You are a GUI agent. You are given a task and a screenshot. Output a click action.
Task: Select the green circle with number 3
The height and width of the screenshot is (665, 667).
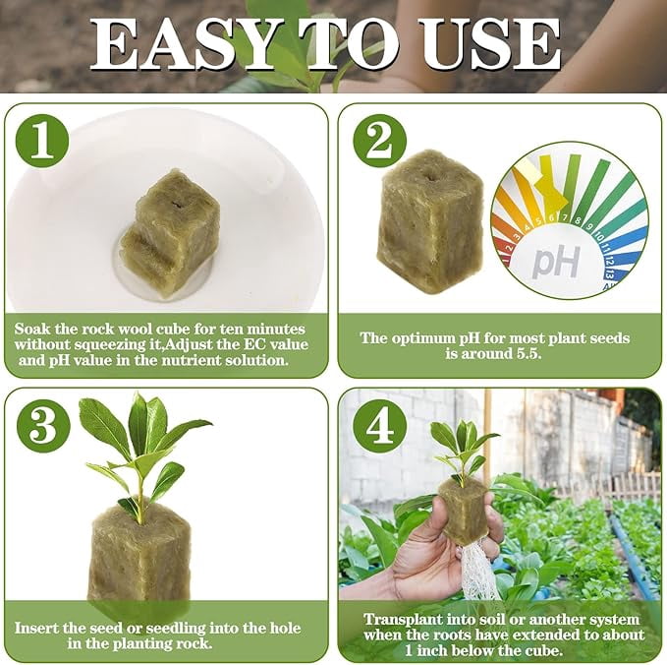point(43,427)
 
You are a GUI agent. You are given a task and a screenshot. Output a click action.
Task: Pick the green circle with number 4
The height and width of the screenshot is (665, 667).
point(380,427)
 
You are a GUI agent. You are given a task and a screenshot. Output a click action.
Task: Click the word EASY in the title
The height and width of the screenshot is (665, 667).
point(181,44)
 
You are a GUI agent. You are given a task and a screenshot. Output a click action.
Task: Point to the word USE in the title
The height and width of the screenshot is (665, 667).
point(491,44)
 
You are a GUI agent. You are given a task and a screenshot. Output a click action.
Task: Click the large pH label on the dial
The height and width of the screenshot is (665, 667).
point(556,262)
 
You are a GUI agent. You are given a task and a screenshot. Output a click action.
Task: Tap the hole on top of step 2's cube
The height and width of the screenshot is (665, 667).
point(432,174)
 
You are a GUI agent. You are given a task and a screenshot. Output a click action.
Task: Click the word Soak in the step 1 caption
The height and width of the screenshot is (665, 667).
point(31,329)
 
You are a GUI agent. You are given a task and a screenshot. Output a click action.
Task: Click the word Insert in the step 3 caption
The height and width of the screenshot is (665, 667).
point(35,628)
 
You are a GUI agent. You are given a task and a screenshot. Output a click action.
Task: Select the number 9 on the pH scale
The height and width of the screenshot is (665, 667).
point(589,226)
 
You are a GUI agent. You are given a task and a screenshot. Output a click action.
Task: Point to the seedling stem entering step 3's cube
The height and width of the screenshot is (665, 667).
point(139,503)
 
